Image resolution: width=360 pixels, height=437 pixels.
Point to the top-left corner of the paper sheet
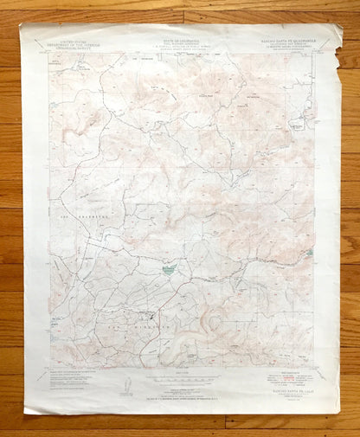coord(23,25)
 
